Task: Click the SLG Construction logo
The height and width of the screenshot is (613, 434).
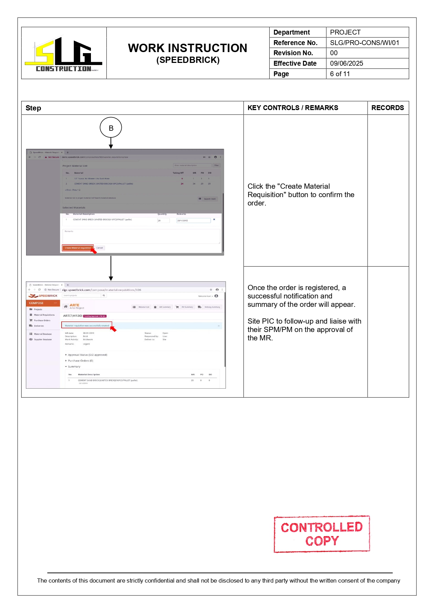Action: tap(63, 54)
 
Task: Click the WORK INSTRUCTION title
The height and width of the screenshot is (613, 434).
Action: tap(187, 48)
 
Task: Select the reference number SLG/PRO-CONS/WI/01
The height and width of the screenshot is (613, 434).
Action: tap(364, 43)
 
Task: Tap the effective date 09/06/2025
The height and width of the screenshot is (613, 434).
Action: tap(346, 63)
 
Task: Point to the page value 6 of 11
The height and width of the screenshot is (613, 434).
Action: tap(340, 74)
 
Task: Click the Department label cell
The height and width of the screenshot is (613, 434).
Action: tap(291, 32)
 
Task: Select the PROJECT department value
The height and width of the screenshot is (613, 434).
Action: tap(345, 32)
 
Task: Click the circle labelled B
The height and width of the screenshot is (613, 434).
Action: tap(111, 128)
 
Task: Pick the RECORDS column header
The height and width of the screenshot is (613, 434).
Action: tap(387, 108)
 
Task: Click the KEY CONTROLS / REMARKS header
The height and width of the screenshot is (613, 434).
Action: tap(292, 108)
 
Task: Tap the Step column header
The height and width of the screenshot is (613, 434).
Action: tap(33, 108)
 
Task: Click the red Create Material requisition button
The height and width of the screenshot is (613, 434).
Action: tap(78, 248)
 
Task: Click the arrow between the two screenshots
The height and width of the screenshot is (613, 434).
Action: tap(111, 268)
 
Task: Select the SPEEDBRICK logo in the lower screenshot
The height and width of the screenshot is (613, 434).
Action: tap(43, 296)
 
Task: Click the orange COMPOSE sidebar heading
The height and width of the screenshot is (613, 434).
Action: tap(36, 303)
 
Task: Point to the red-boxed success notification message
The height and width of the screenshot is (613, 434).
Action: tap(87, 325)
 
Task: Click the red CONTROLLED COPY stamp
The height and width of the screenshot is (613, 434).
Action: tap(321, 534)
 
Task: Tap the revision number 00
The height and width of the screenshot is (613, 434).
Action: tap(334, 53)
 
